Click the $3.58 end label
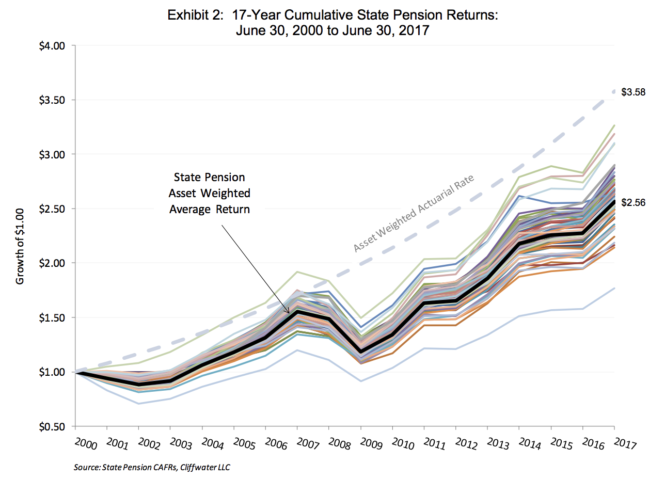pyautogui.click(x=633, y=92)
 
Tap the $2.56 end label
pyautogui.click(x=633, y=203)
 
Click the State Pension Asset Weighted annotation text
pyautogui.click(x=210, y=194)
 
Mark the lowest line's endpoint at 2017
pyautogui.click(x=614, y=288)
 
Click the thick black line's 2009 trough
pyautogui.click(x=361, y=352)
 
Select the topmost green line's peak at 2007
pyautogui.click(x=297, y=272)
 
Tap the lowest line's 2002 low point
pyautogui.click(x=138, y=404)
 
